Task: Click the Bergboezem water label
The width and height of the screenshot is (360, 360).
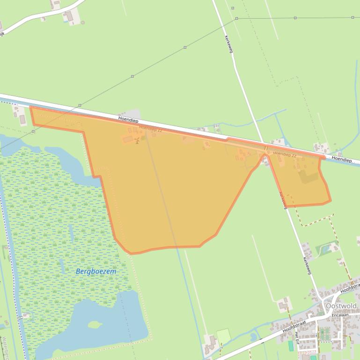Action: point(96,271)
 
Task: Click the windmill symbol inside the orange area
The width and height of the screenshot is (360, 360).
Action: point(137,141)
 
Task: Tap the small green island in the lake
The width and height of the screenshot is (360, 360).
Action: point(95,324)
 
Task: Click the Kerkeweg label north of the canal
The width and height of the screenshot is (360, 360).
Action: point(228,43)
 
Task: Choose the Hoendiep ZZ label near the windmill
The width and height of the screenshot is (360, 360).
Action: point(150,129)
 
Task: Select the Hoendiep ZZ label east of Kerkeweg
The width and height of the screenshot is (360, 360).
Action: point(285,154)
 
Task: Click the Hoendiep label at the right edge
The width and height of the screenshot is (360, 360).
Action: point(342,160)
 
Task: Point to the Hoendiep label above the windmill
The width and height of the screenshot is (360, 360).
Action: point(128,120)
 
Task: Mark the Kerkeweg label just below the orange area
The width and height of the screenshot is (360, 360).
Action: point(282,200)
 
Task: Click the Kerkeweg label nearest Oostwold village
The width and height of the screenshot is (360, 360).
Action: point(307,266)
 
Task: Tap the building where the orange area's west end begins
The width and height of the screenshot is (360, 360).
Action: point(22,120)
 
